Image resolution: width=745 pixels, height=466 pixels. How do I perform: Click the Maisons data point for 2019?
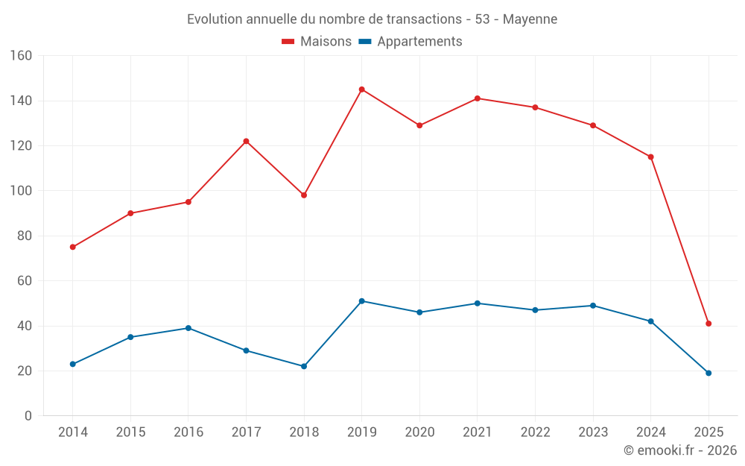pyautogui.click(x=361, y=89)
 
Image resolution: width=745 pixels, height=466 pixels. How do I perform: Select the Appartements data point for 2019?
pyautogui.click(x=361, y=301)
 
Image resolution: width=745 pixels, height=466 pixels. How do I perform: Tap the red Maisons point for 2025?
pyautogui.click(x=708, y=324)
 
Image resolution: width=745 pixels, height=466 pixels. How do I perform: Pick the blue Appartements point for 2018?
pyautogui.click(x=304, y=366)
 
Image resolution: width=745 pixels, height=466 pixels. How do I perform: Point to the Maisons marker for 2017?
pyautogui.click(x=246, y=141)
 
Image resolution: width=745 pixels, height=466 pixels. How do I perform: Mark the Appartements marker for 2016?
pyautogui.click(x=188, y=328)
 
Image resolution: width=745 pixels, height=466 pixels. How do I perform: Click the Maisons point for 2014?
pyautogui.click(x=72, y=247)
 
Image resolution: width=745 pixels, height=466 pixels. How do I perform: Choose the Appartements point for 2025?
pyautogui.click(x=708, y=373)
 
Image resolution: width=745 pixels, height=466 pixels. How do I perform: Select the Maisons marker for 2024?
pyautogui.click(x=650, y=157)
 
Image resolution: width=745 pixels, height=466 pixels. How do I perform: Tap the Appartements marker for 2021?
pyautogui.click(x=477, y=303)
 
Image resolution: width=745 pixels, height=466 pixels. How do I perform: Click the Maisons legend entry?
pyautogui.click(x=317, y=42)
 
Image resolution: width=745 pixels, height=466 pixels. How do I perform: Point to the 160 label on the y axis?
pyautogui.click(x=21, y=56)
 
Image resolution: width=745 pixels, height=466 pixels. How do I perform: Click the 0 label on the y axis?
pyautogui.click(x=28, y=416)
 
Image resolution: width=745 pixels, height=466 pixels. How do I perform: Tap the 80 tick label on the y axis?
pyautogui.click(x=25, y=236)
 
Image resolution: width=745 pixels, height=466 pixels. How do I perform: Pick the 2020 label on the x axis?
pyautogui.click(x=419, y=432)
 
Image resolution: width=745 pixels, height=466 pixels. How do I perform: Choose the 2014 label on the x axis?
pyautogui.click(x=72, y=432)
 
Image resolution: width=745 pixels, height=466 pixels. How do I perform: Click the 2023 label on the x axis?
pyautogui.click(x=593, y=432)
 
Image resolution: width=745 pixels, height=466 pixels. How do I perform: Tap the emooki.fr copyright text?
pyautogui.click(x=680, y=450)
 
